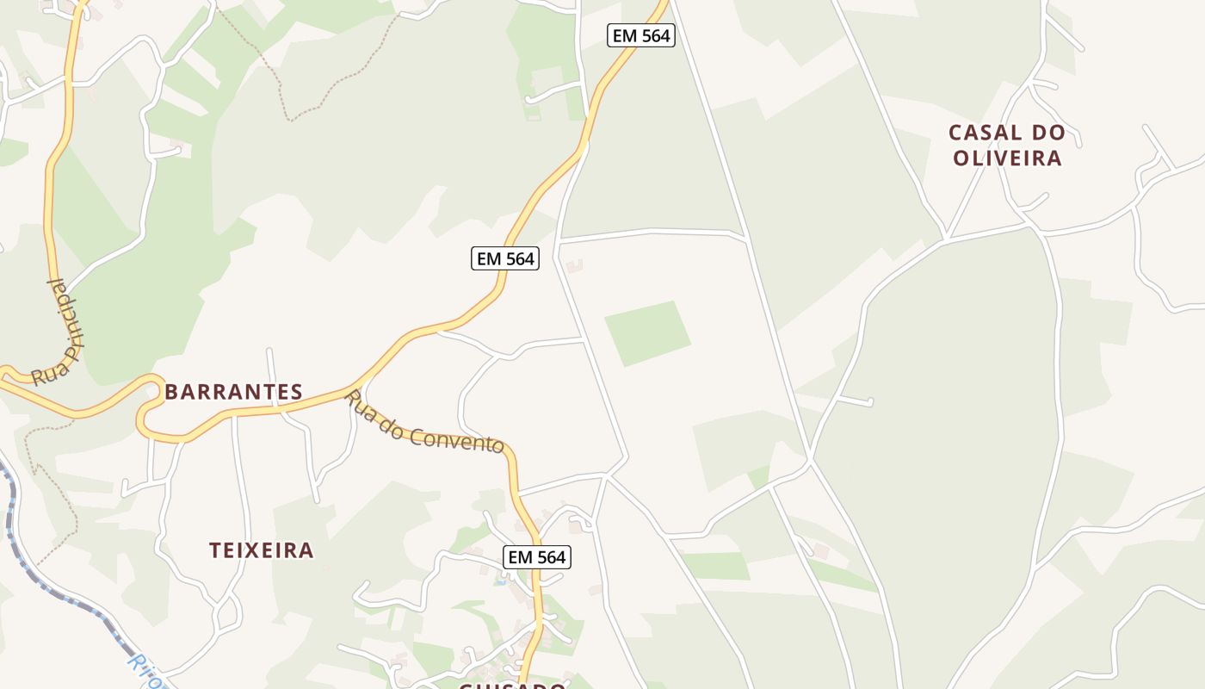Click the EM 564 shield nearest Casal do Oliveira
tap(640, 36)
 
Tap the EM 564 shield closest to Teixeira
tap(537, 557)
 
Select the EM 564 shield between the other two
tap(505, 258)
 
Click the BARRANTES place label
tap(233, 393)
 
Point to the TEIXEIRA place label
tap(262, 550)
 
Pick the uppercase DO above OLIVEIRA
tap(1052, 133)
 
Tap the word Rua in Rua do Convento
tap(359, 405)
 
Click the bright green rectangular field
tap(647, 332)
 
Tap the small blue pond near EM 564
tap(502, 582)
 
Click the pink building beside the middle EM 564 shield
tap(573, 266)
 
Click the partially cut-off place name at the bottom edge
tap(511, 686)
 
